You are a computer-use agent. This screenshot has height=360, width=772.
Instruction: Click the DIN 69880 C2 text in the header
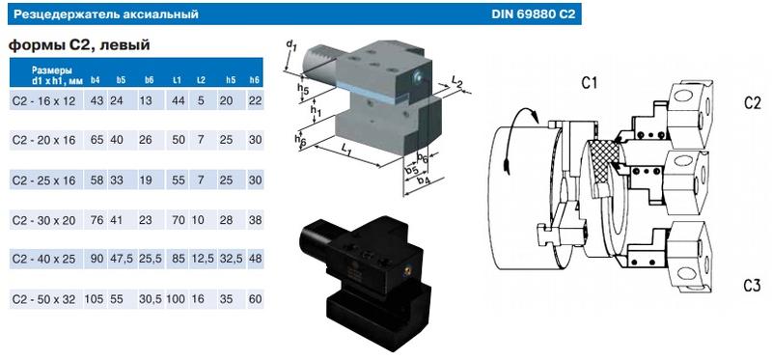coord(533,14)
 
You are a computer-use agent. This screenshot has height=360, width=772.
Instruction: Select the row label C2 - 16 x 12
coord(43,101)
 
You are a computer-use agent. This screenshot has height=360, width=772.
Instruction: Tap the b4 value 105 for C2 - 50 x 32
coord(94,299)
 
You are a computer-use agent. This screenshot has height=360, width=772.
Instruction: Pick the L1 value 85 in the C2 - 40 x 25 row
coord(179,259)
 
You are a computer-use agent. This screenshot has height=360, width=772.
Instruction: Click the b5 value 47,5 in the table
coord(122,259)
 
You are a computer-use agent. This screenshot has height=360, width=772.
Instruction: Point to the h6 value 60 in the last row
coord(256,299)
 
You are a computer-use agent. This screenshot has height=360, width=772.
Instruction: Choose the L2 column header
coord(201,80)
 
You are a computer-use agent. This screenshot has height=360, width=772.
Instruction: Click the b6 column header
coord(149,80)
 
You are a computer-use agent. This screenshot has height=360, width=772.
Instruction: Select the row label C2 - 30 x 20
coord(43,220)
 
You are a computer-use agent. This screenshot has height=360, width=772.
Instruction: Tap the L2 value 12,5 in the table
coord(202,259)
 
